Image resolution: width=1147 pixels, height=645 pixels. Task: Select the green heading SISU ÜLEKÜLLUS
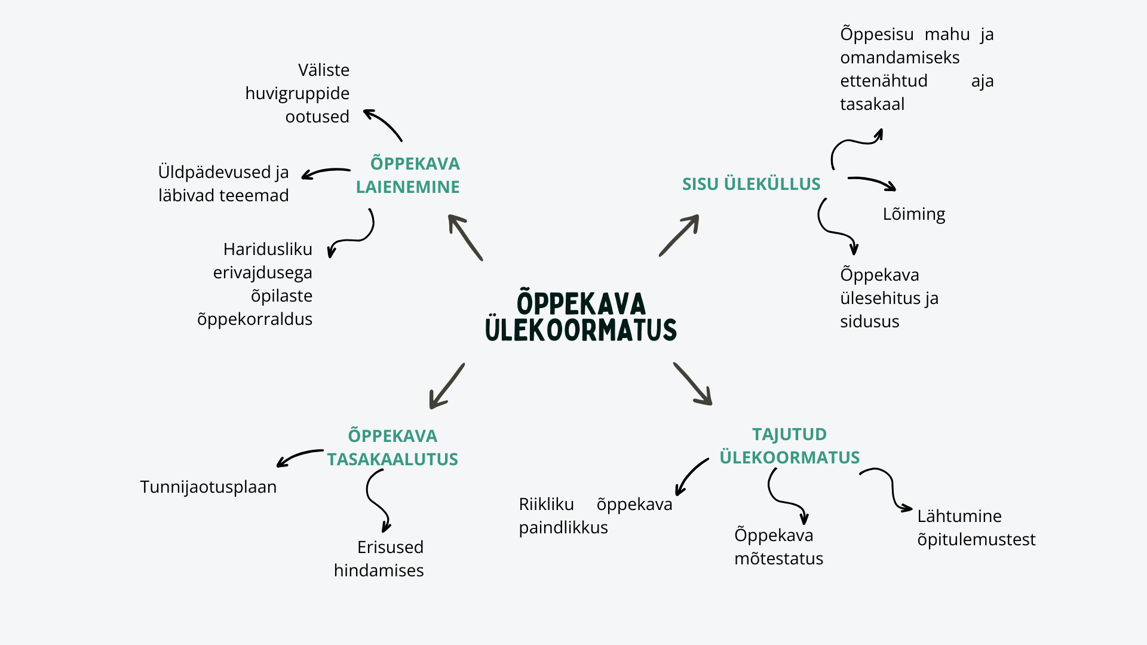(751, 184)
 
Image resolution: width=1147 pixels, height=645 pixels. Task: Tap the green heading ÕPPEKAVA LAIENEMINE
(409, 175)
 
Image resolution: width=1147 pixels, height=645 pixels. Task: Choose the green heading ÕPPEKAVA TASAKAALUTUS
(392, 447)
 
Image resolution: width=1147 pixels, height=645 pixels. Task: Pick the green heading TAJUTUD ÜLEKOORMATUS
(789, 446)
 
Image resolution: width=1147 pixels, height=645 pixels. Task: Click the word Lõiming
(913, 214)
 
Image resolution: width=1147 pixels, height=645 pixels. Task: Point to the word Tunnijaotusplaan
(208, 487)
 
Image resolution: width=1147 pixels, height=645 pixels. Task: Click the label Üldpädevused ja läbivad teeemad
(223, 183)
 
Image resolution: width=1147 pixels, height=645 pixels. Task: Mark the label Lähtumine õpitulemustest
(976, 527)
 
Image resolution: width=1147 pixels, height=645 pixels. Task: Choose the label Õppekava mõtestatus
(778, 546)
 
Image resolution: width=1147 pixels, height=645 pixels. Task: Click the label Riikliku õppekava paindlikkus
(595, 515)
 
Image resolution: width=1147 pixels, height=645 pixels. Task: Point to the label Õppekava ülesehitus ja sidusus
(888, 297)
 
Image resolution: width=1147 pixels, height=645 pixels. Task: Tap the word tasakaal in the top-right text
(872, 104)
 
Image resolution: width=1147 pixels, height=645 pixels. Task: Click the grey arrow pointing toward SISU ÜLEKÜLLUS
(679, 235)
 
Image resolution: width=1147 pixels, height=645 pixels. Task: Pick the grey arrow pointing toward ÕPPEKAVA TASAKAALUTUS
(446, 386)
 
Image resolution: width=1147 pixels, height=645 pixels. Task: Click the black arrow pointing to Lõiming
(872, 183)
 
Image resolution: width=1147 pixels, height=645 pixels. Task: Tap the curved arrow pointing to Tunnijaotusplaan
(299, 457)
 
